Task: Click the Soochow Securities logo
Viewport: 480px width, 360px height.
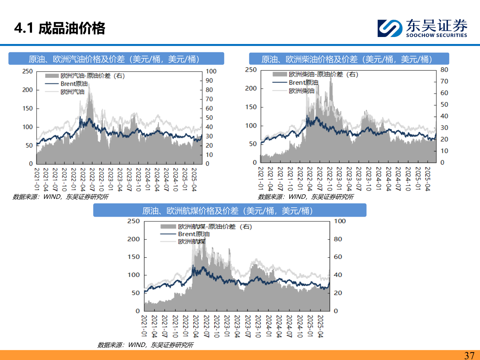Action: tap(422, 28)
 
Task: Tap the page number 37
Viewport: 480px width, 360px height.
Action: tap(469, 355)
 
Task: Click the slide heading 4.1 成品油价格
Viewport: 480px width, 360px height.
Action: tap(60, 28)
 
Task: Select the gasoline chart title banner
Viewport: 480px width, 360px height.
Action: tap(116, 59)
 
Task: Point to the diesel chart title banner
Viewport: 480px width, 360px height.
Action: tap(349, 59)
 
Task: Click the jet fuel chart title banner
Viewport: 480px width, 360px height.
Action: tap(230, 211)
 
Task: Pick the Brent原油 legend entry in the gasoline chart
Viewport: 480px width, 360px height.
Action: tap(74, 84)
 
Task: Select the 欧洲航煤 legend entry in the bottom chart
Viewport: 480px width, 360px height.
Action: tap(192, 241)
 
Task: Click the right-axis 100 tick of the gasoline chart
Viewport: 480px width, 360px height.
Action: tap(211, 71)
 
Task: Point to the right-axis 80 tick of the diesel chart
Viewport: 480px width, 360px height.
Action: tap(444, 70)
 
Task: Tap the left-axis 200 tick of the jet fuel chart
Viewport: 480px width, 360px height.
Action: tap(133, 239)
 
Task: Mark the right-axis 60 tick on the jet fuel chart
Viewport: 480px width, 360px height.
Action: tap(338, 257)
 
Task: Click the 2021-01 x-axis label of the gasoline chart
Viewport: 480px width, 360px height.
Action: tap(37, 179)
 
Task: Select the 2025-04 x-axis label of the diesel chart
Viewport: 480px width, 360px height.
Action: tap(428, 179)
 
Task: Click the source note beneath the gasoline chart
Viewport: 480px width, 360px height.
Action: tap(60, 197)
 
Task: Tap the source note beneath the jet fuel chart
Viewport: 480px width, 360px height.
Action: tap(145, 345)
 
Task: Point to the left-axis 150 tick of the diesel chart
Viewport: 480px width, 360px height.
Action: tap(251, 107)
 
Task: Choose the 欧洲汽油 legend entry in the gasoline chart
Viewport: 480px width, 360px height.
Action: tap(72, 92)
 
